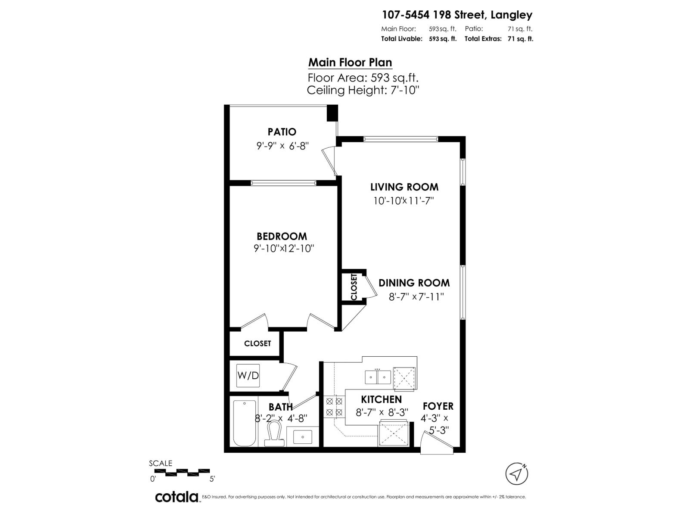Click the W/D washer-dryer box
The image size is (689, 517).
click(x=248, y=375)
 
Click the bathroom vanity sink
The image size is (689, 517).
click(x=302, y=436)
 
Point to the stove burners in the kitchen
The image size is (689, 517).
click(x=334, y=407)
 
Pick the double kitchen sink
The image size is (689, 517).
click(x=378, y=377)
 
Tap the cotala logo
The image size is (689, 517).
click(x=177, y=497)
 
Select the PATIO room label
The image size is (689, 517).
click(x=282, y=132)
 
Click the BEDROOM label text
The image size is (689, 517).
click(x=282, y=236)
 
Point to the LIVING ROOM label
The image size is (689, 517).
click(x=404, y=187)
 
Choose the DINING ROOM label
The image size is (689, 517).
click(x=414, y=283)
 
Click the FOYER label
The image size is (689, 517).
click(x=438, y=406)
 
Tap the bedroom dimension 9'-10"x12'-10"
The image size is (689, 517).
click(x=284, y=249)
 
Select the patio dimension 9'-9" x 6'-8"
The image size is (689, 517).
click(x=282, y=146)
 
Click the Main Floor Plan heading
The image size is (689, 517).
click(x=350, y=62)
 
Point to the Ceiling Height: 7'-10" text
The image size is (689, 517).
click(x=363, y=90)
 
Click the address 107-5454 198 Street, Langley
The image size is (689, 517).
click(x=457, y=15)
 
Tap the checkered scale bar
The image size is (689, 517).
click(x=182, y=472)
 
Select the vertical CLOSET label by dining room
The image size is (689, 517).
click(x=354, y=287)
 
